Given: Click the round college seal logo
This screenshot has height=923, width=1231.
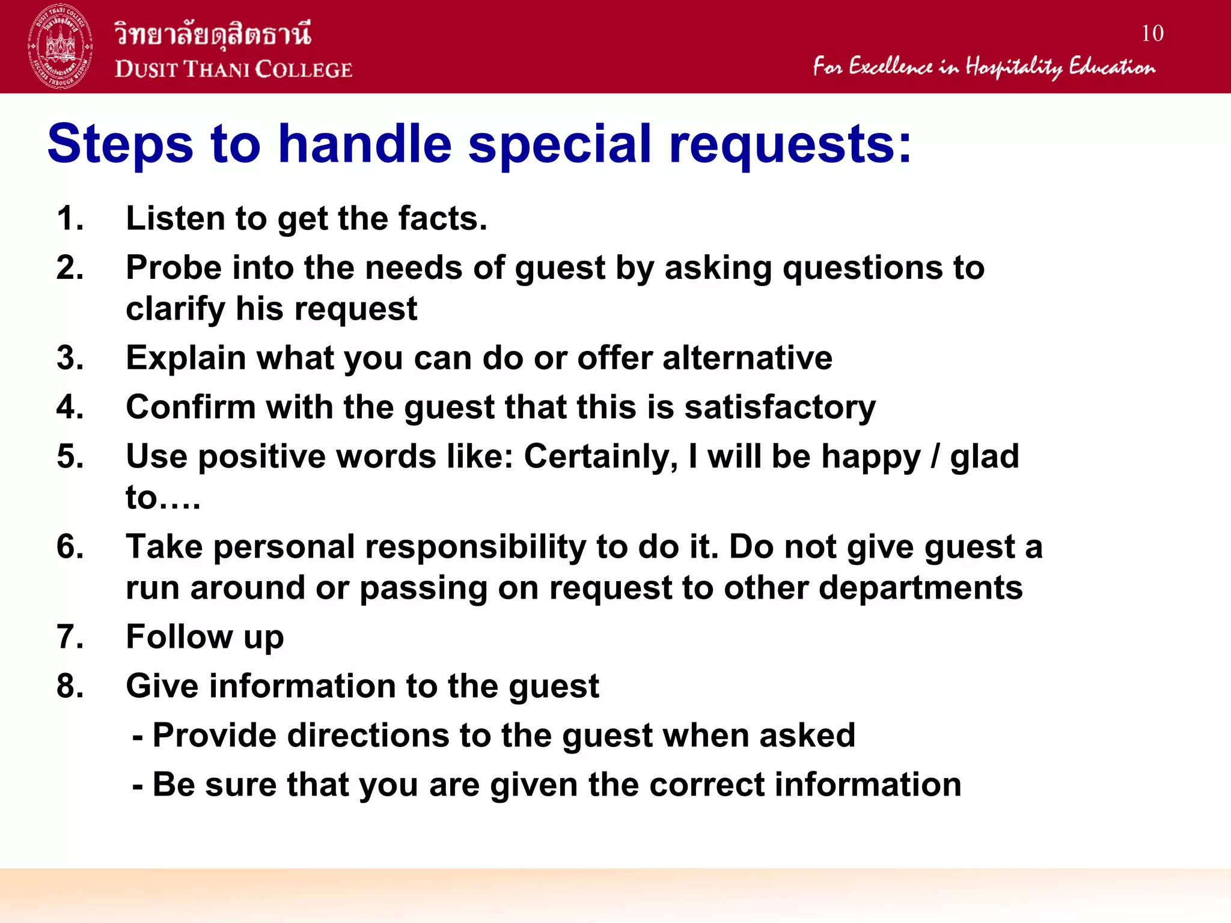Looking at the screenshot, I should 60,46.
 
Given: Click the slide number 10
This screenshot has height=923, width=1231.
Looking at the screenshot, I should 1152,34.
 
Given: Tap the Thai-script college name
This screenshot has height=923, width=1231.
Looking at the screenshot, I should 213,34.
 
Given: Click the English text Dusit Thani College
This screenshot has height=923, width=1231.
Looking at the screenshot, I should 233,70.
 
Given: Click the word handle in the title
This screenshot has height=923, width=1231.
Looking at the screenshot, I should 365,144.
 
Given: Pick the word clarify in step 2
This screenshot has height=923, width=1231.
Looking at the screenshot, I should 175,309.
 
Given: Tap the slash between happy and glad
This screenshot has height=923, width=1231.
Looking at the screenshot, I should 935,457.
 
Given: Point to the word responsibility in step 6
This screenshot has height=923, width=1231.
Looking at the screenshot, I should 475,547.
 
